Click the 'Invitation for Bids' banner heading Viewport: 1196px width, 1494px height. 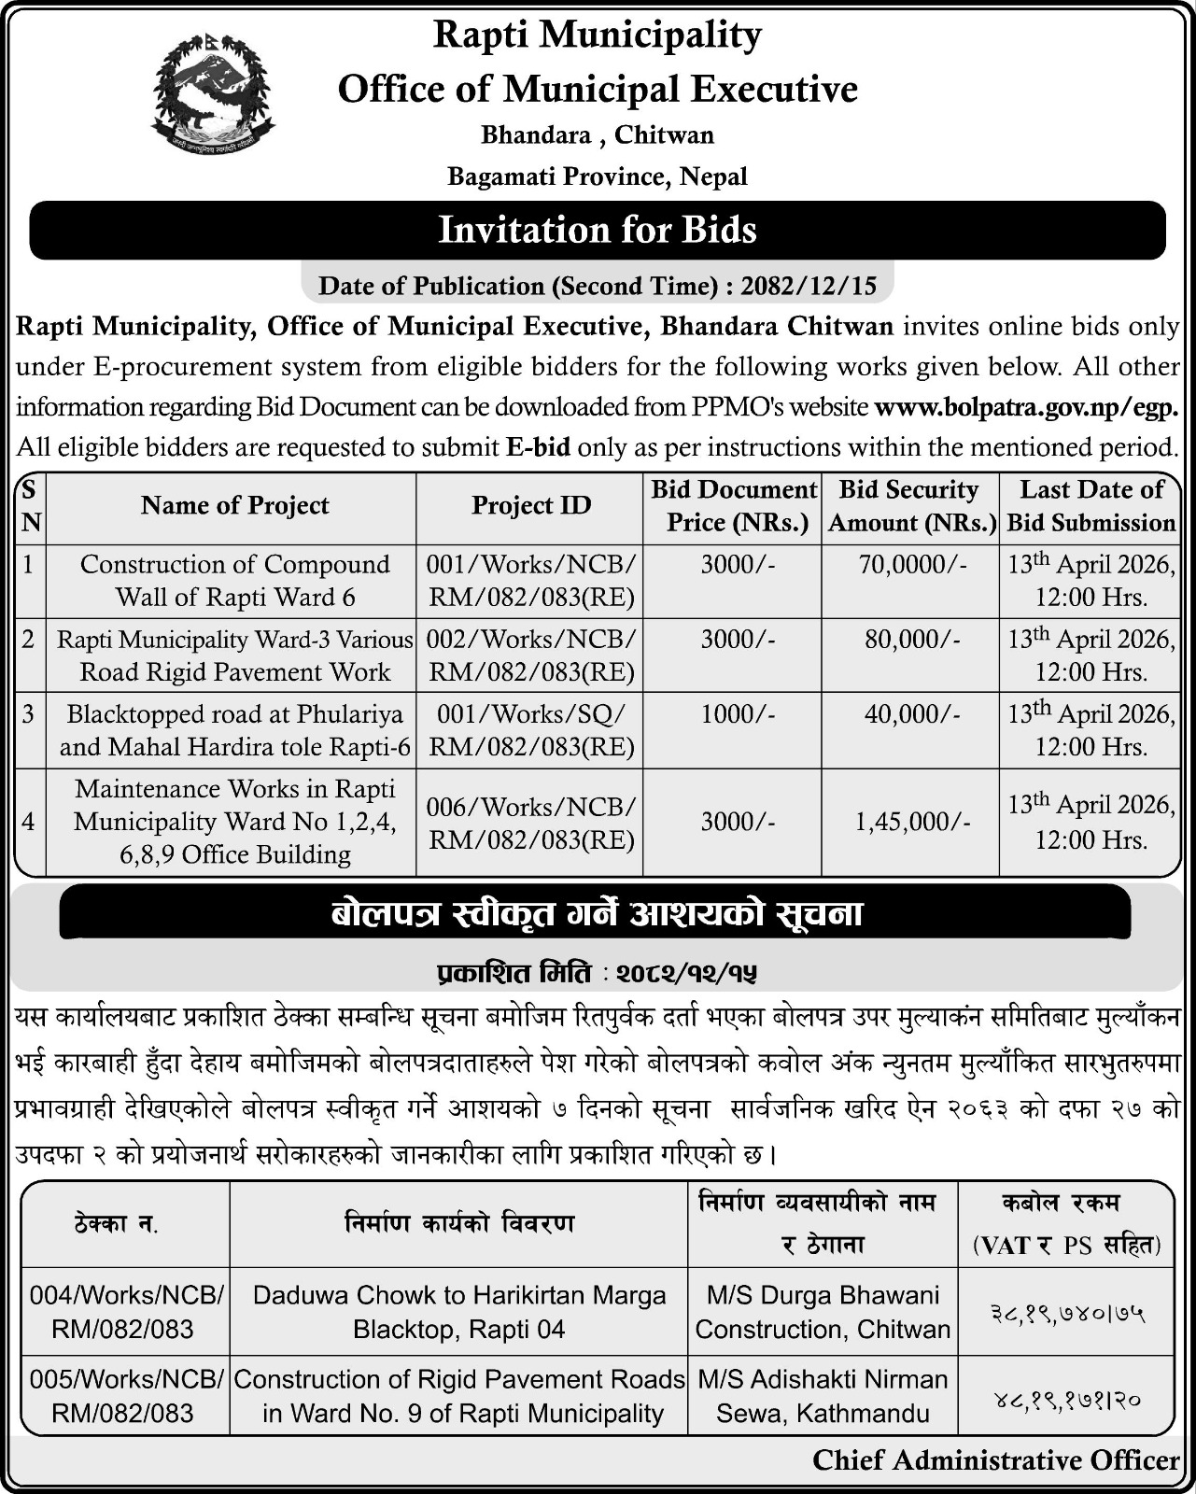[598, 230]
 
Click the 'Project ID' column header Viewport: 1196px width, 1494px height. [530, 506]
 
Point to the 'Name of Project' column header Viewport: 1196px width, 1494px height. [235, 506]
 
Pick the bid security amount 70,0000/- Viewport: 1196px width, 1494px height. [909, 565]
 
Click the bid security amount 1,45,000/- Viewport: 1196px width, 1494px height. [911, 822]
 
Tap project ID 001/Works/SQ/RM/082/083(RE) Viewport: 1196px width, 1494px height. [530, 730]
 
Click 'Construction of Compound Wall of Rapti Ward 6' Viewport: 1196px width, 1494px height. [235, 580]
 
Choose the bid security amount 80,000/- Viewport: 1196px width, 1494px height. [909, 640]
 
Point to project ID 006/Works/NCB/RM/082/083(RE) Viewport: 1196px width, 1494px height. [530, 822]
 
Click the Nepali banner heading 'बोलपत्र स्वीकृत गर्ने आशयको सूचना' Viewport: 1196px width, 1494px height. [598, 913]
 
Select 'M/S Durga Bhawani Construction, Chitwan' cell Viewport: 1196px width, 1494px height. [823, 1312]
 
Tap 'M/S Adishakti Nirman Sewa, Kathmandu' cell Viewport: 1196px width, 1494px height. [823, 1396]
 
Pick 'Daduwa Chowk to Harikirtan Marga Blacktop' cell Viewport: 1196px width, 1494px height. [459, 1312]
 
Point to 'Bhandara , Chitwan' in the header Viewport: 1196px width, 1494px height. [598, 135]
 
